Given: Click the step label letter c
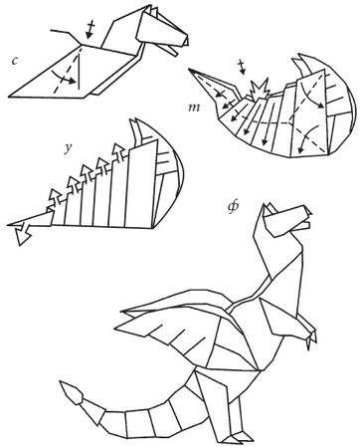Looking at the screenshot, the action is [14, 61].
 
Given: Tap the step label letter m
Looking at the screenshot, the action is [194, 108].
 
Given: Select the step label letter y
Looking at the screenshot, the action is [68, 148].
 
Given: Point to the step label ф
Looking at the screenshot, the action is [233, 207].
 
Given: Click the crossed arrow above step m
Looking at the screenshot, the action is [243, 67].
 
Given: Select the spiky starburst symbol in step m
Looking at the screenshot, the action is [260, 89].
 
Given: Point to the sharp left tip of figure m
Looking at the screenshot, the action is [189, 70].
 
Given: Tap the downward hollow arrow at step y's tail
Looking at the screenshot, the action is [22, 234].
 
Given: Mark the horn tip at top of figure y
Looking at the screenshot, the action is [136, 119].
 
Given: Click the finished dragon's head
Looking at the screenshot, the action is [285, 220].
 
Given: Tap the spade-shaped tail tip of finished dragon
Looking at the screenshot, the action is [72, 394].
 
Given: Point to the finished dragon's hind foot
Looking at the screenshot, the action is [238, 437].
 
